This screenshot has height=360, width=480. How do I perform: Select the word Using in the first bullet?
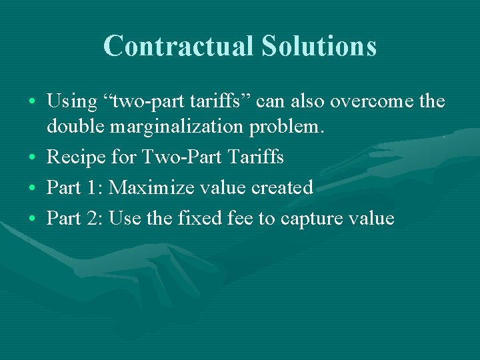[x=72, y=102]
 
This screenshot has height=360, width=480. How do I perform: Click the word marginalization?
[x=179, y=127]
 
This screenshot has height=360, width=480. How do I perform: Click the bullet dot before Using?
[x=33, y=103]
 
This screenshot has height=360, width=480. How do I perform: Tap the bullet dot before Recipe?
[x=33, y=159]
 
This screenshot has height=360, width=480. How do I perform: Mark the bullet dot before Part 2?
[x=33, y=219]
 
